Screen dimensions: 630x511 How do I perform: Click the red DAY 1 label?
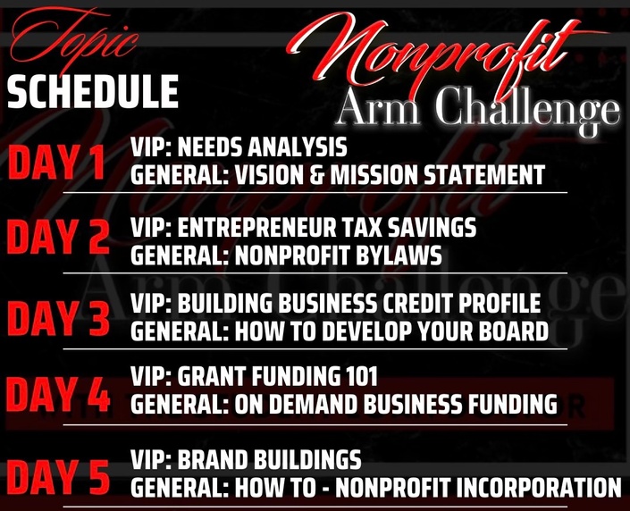click(x=56, y=162)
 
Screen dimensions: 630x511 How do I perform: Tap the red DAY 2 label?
click(x=58, y=238)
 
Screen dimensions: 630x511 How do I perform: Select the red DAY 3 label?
click(x=58, y=318)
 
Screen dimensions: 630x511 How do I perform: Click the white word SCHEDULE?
click(x=93, y=92)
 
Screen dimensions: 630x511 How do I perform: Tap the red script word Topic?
click(x=74, y=38)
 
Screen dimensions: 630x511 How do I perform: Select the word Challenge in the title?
click(x=527, y=108)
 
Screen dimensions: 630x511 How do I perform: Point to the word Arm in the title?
click(x=378, y=106)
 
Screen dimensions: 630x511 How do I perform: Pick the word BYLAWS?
click(x=399, y=255)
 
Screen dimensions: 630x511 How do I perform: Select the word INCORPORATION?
click(x=539, y=488)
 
